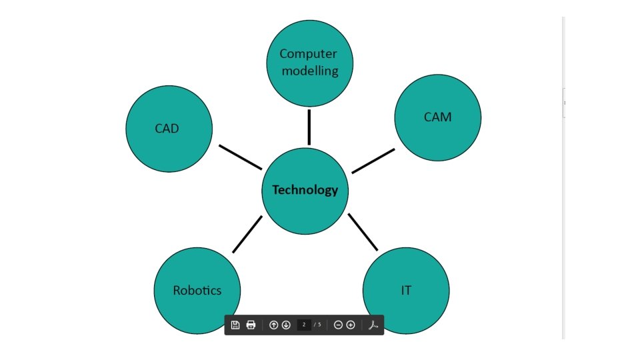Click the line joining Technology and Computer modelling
(x=309, y=127)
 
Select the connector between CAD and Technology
(x=240, y=157)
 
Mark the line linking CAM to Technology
(x=373, y=161)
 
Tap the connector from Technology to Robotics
(x=247, y=235)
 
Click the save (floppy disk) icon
(x=235, y=325)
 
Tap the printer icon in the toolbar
(x=251, y=325)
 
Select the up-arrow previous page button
(x=273, y=325)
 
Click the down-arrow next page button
(x=286, y=325)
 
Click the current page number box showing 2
(x=304, y=325)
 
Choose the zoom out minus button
(x=338, y=325)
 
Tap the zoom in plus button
(x=351, y=325)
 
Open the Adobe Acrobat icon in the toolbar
(x=373, y=325)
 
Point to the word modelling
(x=309, y=71)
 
